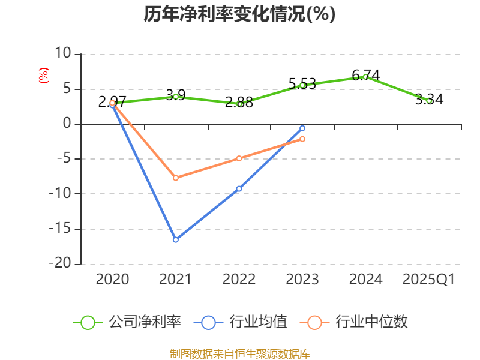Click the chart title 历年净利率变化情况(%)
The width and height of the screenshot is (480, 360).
239,14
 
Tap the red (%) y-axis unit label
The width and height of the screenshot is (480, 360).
43,76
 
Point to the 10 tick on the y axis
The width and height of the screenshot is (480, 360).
63,54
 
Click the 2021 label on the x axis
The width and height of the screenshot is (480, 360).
176,280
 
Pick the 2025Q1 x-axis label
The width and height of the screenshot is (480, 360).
428,280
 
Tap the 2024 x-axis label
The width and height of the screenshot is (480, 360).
365,280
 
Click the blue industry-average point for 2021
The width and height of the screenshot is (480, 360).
176,239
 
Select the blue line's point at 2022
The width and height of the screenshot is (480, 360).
239,188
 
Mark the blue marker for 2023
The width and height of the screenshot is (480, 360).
302,128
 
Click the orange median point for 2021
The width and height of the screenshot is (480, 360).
176,178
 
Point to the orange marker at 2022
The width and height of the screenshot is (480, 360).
239,158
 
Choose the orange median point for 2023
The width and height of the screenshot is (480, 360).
302,139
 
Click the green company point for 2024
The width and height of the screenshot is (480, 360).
365,77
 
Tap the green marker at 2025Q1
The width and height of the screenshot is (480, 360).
429,101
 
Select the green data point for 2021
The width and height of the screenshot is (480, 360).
176,96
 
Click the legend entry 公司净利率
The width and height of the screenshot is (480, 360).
127,322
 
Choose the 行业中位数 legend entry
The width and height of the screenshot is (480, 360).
357,322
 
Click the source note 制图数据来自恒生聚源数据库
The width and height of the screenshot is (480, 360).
239,353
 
